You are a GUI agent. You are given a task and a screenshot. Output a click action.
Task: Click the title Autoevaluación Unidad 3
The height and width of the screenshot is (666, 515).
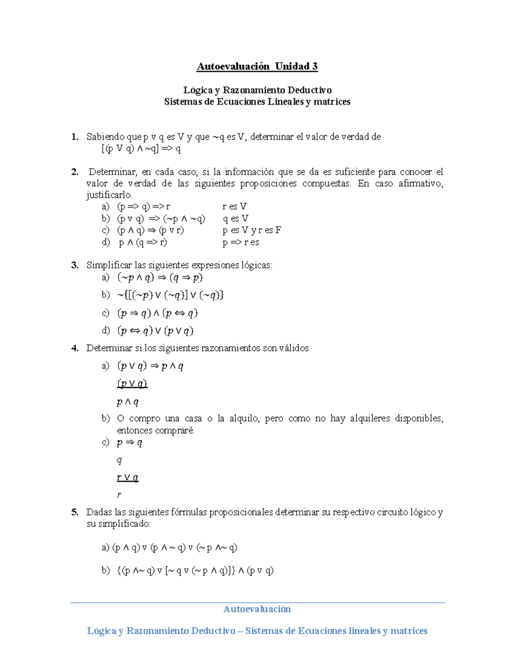(x=257, y=66)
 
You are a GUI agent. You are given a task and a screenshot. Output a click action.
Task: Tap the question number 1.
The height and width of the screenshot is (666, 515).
(x=75, y=137)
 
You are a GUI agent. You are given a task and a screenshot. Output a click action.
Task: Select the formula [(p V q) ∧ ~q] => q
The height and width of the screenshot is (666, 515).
(x=141, y=149)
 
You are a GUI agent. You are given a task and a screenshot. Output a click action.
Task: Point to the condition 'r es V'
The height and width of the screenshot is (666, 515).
(x=234, y=207)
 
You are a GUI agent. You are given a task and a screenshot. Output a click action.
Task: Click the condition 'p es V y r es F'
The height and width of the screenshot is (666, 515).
(x=252, y=230)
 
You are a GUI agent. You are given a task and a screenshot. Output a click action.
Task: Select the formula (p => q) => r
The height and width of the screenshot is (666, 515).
(x=144, y=207)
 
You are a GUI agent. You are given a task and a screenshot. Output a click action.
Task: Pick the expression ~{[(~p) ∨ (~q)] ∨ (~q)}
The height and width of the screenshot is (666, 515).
(x=170, y=295)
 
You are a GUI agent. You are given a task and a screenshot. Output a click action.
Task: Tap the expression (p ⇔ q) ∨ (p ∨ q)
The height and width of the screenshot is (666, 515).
(x=155, y=331)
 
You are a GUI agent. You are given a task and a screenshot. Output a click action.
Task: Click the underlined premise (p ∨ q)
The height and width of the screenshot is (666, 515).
(x=132, y=383)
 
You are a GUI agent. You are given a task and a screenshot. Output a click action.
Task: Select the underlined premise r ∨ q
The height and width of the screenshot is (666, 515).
(x=127, y=477)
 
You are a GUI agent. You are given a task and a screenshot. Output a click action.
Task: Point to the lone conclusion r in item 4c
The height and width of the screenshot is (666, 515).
(x=119, y=495)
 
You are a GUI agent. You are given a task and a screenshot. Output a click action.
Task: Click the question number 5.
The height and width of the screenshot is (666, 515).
(x=75, y=512)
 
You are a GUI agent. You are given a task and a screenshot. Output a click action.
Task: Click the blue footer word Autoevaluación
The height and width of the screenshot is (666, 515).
(x=257, y=609)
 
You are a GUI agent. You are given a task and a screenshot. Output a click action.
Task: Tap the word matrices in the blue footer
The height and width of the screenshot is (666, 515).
(x=409, y=631)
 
